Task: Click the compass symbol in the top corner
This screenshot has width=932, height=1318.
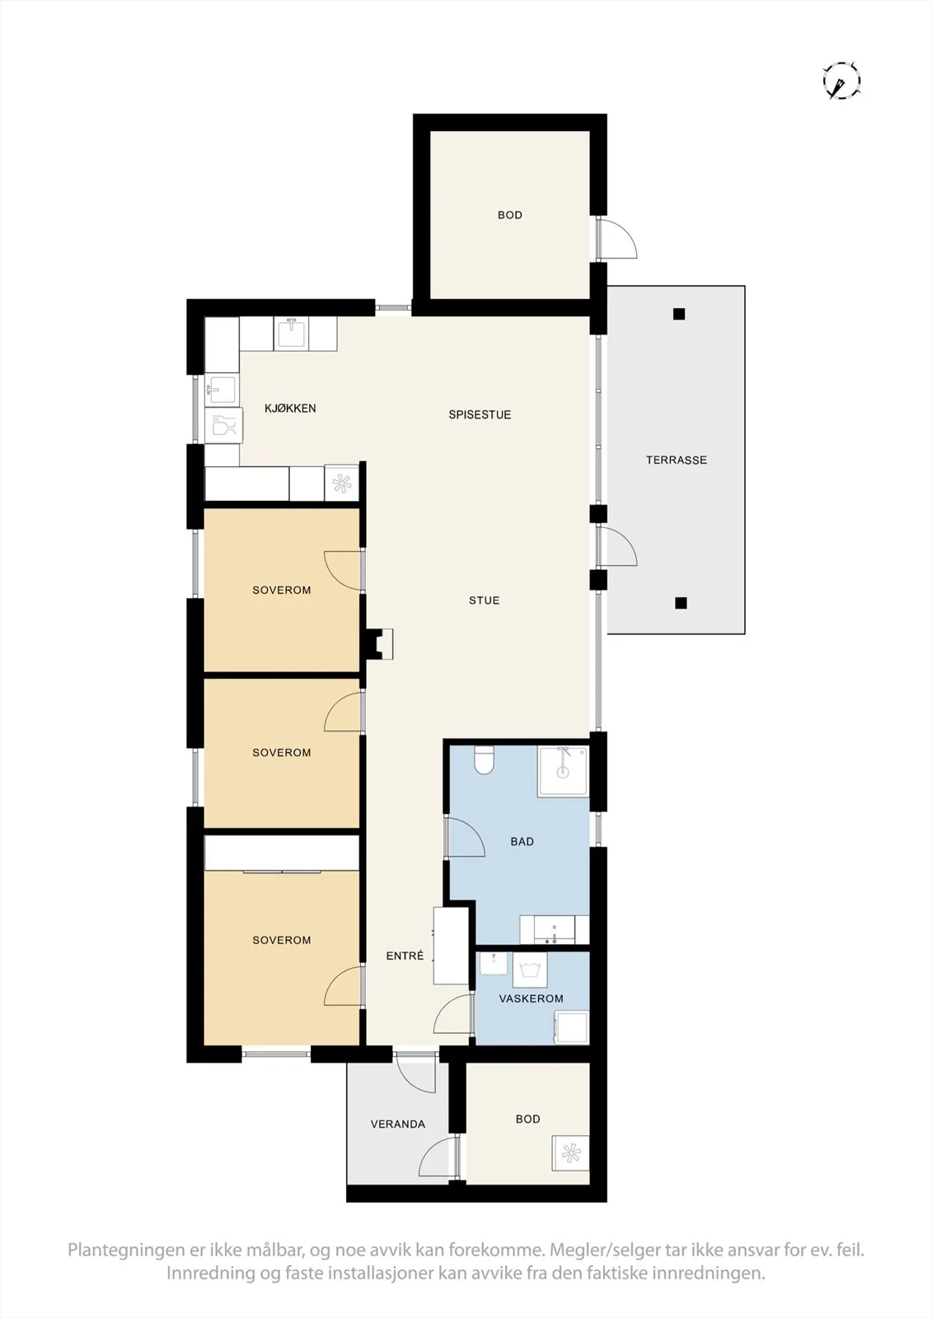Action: (842, 80)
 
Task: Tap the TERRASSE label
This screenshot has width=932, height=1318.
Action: (677, 460)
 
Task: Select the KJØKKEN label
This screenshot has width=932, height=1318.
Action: (290, 408)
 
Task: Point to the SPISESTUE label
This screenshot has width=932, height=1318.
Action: (480, 414)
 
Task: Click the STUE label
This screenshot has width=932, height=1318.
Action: (484, 601)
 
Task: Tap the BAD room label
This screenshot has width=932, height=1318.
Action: (522, 841)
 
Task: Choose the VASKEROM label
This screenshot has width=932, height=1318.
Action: (531, 998)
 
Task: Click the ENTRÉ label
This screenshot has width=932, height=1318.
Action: (405, 956)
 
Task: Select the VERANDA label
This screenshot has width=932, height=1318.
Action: (398, 1124)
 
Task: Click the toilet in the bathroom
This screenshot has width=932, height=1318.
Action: (484, 759)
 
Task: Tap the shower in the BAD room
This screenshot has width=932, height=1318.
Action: (563, 771)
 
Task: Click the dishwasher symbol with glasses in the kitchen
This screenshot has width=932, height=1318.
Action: (223, 425)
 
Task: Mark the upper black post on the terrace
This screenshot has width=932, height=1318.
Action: (679, 314)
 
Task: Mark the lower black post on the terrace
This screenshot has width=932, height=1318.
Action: (681, 602)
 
